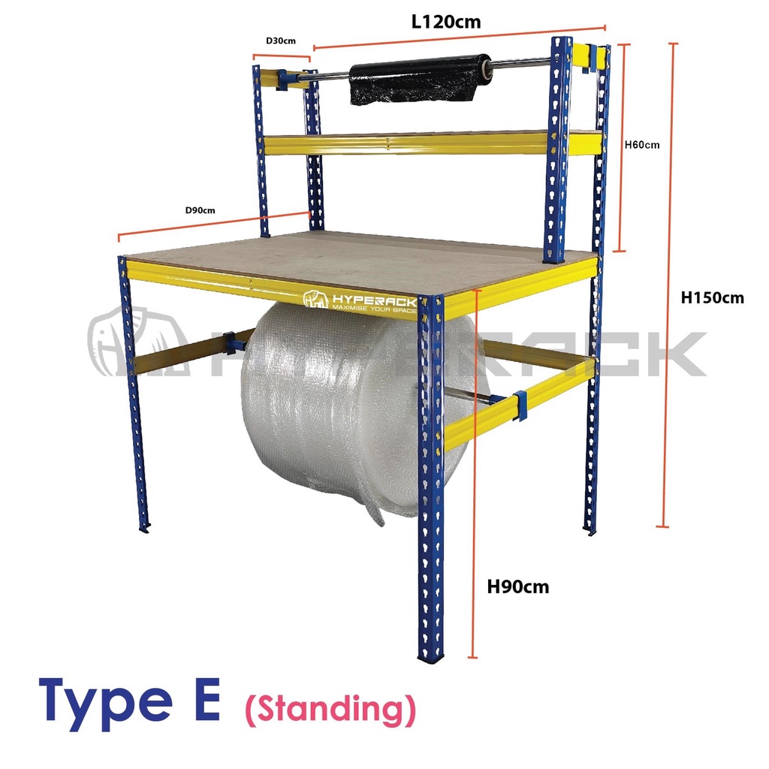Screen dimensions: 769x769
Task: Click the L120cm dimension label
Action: [446, 22]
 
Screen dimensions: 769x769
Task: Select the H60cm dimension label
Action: [642, 145]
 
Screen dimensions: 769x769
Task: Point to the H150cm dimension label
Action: [712, 297]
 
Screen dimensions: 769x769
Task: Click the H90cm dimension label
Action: [518, 587]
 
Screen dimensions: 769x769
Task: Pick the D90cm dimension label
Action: [200, 210]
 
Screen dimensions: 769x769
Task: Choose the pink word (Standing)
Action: [330, 708]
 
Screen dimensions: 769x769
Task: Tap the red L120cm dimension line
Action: [458, 40]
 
